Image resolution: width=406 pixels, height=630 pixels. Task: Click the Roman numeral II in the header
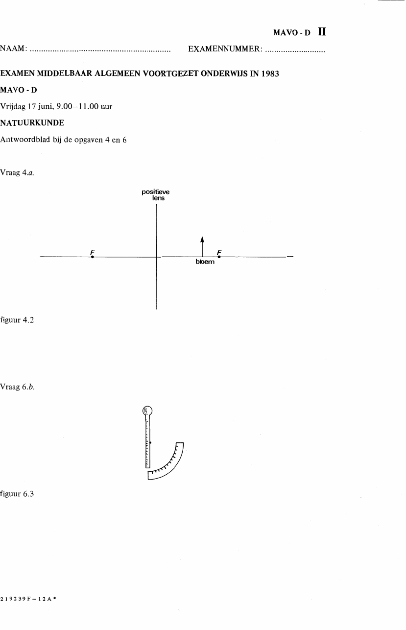click(x=322, y=31)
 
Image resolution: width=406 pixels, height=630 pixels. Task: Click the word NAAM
click(x=12, y=48)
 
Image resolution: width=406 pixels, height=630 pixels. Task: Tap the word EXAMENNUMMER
click(x=225, y=49)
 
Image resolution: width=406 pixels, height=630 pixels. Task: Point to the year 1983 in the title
click(x=270, y=73)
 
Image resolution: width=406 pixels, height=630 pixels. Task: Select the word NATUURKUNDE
click(x=32, y=123)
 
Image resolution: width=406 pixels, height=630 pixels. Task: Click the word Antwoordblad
click(x=25, y=140)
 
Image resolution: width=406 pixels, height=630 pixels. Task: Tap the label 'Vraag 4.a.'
click(x=17, y=173)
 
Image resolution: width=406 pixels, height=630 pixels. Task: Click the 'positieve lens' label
click(x=156, y=195)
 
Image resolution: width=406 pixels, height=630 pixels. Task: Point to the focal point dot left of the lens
click(x=93, y=257)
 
